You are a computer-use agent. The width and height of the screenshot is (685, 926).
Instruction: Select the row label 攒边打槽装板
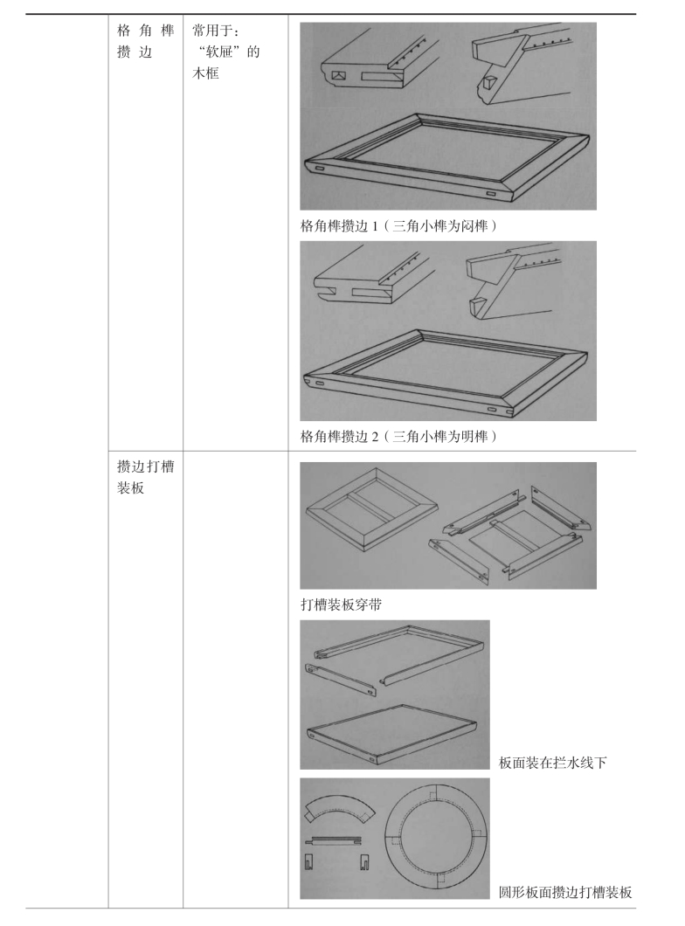[140, 480]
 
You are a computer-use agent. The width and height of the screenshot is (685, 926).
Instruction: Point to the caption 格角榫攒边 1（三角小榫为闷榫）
[398, 225]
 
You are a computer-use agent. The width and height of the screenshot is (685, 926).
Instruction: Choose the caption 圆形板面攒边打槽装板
[565, 892]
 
